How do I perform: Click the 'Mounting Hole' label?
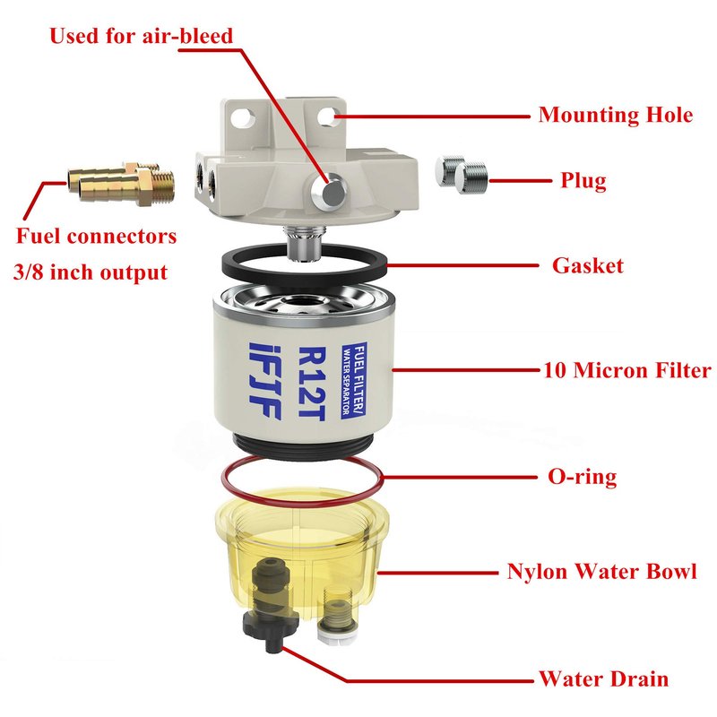pos(616,116)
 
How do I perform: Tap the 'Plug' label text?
pos(583,181)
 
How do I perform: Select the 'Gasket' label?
pos(588,265)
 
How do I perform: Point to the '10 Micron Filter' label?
pos(627,370)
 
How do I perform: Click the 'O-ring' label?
pos(582,477)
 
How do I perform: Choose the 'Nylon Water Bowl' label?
pos(601,572)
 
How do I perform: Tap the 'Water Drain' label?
pos(603,678)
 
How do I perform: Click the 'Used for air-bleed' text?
pos(141,36)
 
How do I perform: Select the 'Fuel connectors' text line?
pos(96,236)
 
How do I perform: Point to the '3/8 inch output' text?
pos(91,272)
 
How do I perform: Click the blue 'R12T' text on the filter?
pos(312,384)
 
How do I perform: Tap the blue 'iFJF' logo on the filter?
pos(264,381)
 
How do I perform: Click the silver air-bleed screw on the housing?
pos(329,192)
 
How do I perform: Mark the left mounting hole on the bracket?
pos(243,117)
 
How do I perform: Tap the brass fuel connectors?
pos(121,183)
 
